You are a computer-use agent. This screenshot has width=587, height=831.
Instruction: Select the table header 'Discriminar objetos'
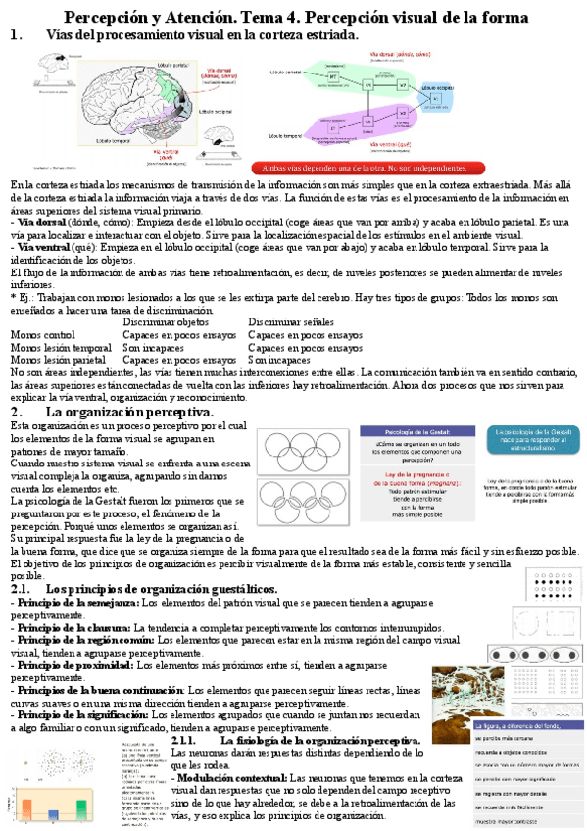(x=166, y=294)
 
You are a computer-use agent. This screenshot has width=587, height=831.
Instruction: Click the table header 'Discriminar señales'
(x=291, y=294)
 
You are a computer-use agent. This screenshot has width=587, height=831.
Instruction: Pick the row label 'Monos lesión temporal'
(x=61, y=319)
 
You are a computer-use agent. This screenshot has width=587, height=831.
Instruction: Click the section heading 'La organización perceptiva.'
(x=129, y=413)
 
